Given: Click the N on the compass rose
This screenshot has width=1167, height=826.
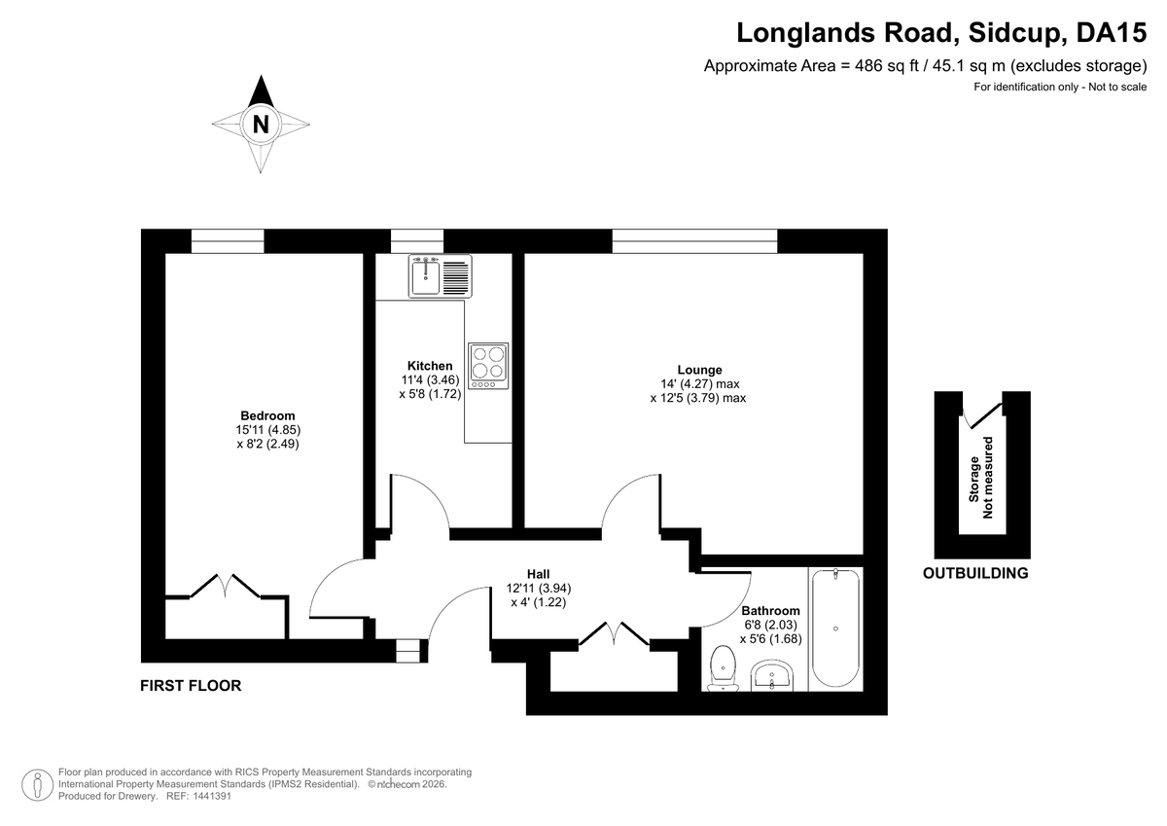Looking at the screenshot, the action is click(261, 125).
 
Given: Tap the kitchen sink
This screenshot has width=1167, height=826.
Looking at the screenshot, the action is click(441, 276).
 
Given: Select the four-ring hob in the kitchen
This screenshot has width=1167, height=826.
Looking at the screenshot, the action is click(488, 366).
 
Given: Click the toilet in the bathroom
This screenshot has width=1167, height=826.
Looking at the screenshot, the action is click(723, 668).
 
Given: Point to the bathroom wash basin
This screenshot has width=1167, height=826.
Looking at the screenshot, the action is click(772, 676).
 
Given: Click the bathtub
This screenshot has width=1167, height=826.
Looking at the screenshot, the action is click(835, 628).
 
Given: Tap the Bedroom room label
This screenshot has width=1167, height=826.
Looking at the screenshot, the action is click(267, 415).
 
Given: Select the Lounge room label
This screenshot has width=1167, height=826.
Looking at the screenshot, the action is click(699, 370).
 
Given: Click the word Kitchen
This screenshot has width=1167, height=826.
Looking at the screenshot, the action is click(430, 366).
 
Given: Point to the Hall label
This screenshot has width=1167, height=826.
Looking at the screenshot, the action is click(538, 574).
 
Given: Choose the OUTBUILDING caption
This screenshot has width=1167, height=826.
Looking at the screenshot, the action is click(975, 573).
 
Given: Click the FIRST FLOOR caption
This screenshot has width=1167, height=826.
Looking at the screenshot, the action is click(191, 686).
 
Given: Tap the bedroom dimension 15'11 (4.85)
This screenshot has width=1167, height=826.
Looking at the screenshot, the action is click(267, 430).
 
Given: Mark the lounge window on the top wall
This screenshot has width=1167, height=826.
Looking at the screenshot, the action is click(694, 240).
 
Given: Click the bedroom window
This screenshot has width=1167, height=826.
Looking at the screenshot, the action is click(228, 240).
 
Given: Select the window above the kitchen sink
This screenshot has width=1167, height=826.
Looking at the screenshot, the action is click(417, 240).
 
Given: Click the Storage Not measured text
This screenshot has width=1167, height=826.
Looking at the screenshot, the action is click(981, 478).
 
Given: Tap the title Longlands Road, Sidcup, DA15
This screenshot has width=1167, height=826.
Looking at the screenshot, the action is click(941, 33).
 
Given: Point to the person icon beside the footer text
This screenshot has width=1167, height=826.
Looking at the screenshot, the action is click(38, 785).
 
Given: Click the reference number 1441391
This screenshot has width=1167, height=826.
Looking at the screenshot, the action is click(212, 796).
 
